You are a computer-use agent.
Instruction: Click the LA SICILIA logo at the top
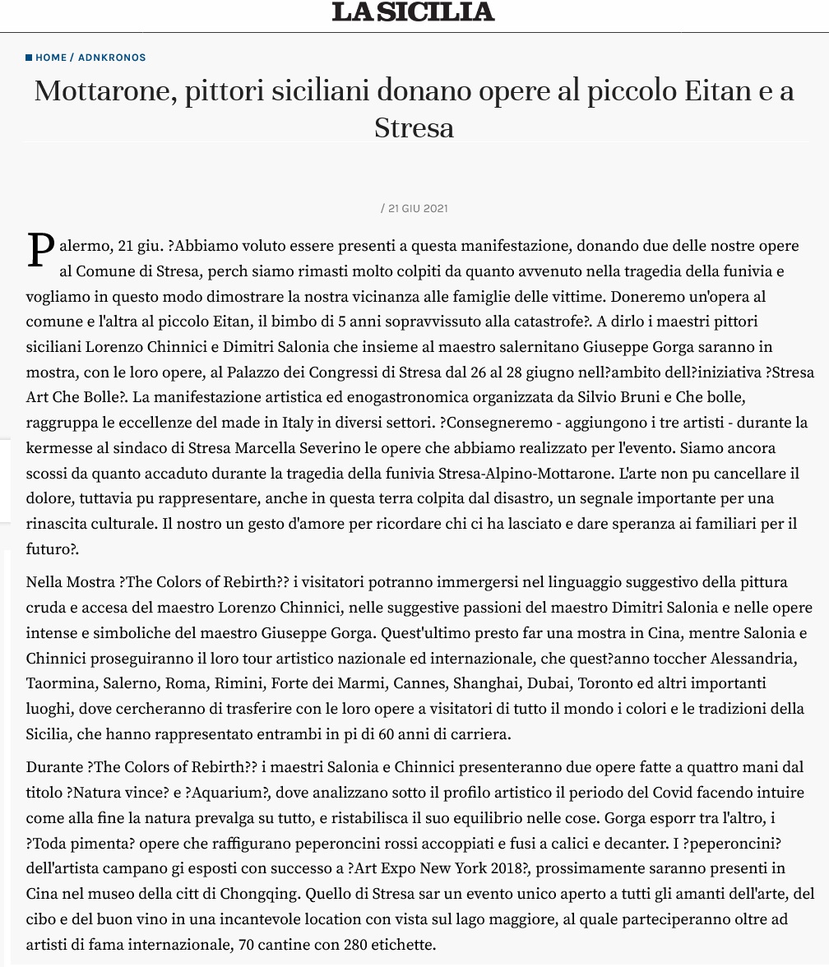point(414,12)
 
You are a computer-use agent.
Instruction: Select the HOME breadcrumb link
point(51,58)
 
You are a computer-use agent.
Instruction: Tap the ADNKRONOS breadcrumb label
point(112,58)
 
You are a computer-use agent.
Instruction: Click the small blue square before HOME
point(29,58)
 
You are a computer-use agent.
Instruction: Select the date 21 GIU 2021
point(418,209)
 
